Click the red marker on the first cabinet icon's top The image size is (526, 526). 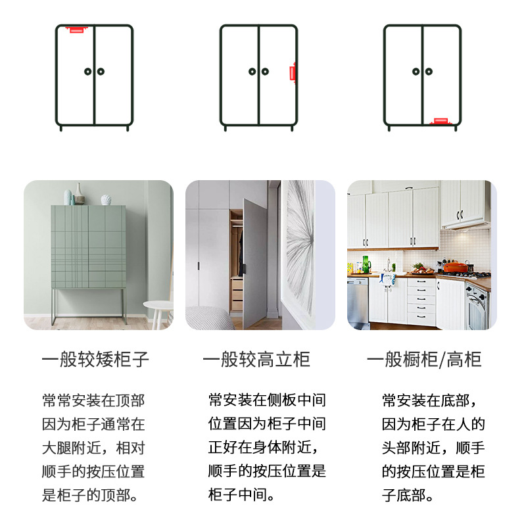77,29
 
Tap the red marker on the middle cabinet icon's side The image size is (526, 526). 294,72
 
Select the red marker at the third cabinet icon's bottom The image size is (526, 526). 440,121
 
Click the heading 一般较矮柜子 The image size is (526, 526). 95,360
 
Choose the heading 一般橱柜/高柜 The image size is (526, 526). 424,360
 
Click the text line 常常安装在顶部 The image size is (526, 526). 93,400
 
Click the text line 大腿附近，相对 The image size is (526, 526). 93,448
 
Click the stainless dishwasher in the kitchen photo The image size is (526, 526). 358,302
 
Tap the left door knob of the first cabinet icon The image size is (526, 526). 87,72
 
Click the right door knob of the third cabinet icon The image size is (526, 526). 429,72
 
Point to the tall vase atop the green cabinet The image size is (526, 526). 79,194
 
